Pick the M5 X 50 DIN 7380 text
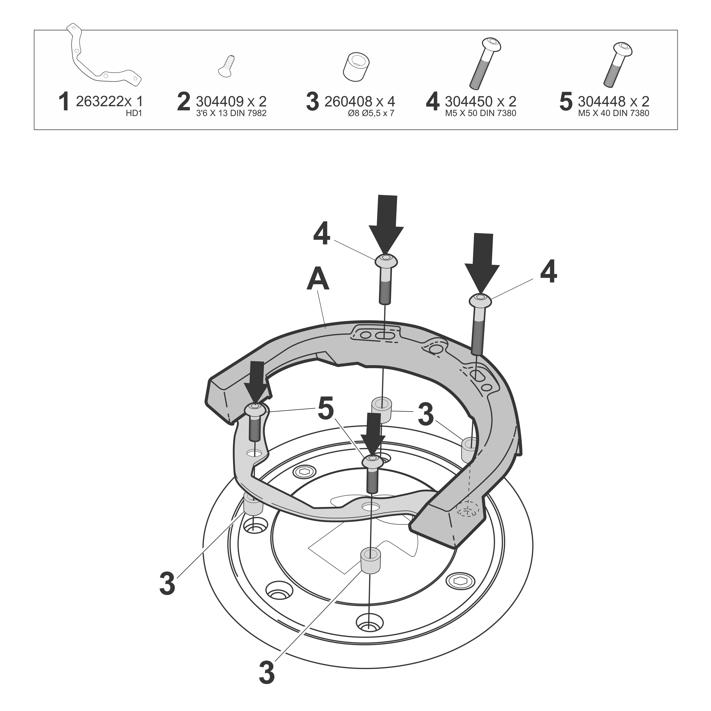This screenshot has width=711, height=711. click(481, 113)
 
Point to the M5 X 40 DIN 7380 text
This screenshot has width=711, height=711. click(613, 113)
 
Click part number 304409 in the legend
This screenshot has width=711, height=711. click(220, 101)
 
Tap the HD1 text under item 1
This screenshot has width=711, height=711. click(134, 113)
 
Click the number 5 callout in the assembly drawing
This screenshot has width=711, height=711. click(326, 408)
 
